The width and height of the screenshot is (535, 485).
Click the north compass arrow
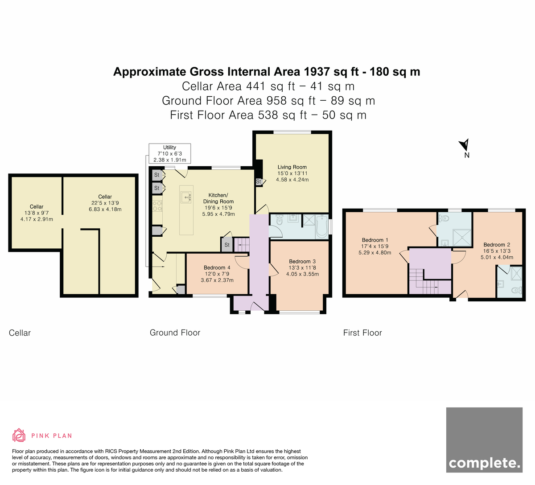click(465, 146)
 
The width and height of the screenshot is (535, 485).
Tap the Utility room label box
click(169, 153)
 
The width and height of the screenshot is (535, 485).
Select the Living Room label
click(292, 173)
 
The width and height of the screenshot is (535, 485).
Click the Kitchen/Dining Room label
click(218, 204)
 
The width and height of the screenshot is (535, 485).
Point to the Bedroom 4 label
click(217, 274)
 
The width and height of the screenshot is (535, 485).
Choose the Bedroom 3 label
click(302, 267)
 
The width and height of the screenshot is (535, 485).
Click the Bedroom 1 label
click(375, 246)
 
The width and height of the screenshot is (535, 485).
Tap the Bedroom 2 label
click(497, 251)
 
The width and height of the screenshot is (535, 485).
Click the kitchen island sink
click(186, 197)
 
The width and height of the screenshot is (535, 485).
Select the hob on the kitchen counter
click(157, 206)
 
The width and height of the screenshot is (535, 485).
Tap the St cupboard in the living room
click(259, 182)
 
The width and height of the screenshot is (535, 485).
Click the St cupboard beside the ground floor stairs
click(227, 245)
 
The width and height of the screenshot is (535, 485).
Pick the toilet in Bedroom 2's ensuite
click(517, 290)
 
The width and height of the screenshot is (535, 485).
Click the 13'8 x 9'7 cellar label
click(37, 213)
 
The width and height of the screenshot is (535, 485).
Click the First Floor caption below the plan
click(362, 333)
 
